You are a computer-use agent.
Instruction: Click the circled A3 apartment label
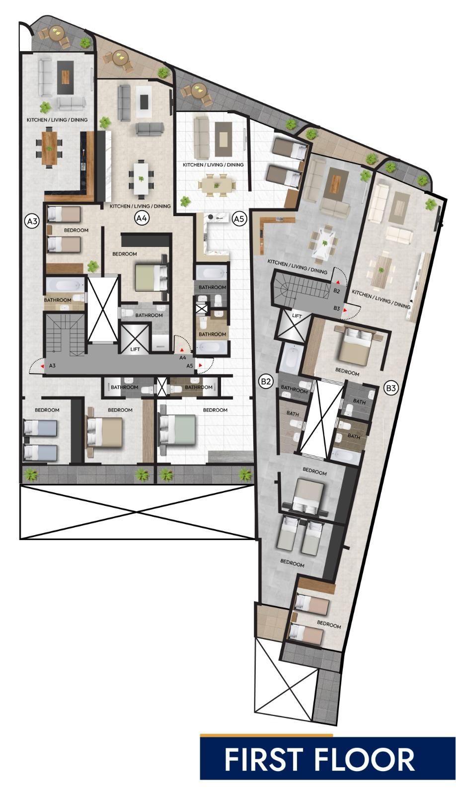[32, 221]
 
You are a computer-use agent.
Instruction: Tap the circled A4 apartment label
[141, 218]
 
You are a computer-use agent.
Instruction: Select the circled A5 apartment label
[239, 219]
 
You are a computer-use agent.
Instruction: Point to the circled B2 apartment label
[266, 382]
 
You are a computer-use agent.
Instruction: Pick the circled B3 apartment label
[391, 388]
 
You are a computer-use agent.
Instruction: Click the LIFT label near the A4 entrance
[135, 349]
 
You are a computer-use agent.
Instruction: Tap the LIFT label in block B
[297, 316]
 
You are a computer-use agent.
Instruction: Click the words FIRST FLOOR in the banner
[319, 760]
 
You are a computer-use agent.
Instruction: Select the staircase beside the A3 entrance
[64, 334]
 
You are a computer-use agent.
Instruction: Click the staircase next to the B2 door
[301, 288]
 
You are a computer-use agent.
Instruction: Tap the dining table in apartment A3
[49, 148]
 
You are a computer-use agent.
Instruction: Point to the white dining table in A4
[141, 179]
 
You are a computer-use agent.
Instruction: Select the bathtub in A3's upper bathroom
[65, 285]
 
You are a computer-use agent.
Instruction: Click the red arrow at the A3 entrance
[43, 366]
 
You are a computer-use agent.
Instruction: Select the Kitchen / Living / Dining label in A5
[213, 164]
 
